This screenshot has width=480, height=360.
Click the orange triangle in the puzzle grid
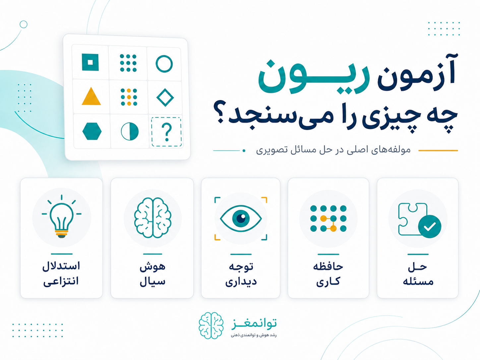tap(91, 97)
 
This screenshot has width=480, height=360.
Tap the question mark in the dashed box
tap(167, 132)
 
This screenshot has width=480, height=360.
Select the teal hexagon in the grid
tap(92, 131)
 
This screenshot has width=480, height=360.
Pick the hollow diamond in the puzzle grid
tap(165, 97)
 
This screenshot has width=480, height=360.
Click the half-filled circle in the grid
tap(130, 131)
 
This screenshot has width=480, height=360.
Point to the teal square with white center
tap(90, 63)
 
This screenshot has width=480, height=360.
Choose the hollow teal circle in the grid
tap(164, 64)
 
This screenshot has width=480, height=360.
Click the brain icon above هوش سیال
tap(152, 218)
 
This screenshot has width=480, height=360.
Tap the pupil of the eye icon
tap(241, 218)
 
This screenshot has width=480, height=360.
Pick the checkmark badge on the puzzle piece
tap(430, 226)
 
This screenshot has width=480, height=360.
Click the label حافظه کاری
tap(328, 274)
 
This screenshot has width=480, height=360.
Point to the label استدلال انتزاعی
tap(61, 274)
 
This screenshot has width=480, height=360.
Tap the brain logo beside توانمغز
tap(211, 326)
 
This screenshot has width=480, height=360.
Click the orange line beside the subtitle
tap(438, 150)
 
